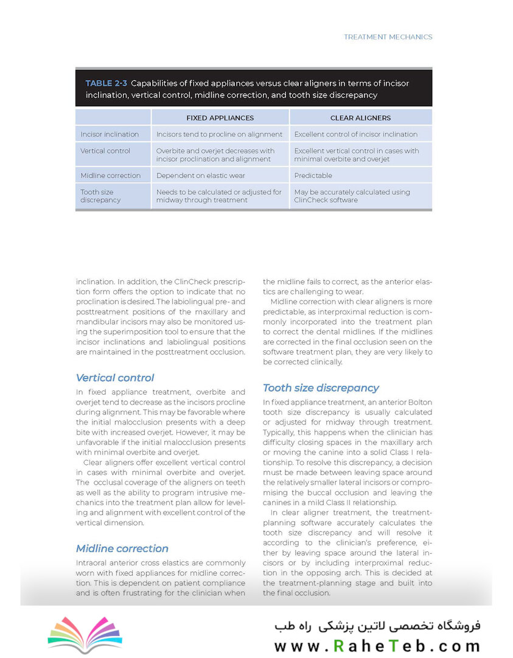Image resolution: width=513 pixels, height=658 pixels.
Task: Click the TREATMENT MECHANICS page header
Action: tap(388, 37)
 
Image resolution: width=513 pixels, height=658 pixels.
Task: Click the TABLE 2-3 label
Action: tap(106, 83)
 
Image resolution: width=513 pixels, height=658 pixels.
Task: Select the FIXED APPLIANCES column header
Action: tap(220, 118)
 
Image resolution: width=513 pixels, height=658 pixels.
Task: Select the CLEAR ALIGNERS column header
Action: tap(360, 118)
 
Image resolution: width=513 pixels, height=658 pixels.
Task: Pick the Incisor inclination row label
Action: tap(110, 134)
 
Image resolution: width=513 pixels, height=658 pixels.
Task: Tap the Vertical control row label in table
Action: tap(105, 150)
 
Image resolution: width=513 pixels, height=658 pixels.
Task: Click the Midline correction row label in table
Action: tap(110, 175)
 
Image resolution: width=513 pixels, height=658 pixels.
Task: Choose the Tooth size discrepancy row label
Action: tap(101, 196)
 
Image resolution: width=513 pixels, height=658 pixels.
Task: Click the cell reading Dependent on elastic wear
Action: tap(201, 175)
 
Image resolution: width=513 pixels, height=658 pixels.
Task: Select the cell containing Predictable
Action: tap(313, 175)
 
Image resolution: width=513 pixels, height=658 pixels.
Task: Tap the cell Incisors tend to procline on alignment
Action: tap(219, 134)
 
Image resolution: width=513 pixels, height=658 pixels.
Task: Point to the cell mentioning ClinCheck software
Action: tap(352, 196)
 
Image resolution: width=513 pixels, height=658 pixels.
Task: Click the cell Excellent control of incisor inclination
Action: tap(356, 134)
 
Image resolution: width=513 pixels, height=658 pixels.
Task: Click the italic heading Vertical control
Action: tap(115, 378)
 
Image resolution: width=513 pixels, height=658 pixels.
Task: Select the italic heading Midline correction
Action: tap(122, 548)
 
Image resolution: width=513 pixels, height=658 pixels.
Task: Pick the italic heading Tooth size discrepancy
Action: tap(321, 388)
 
